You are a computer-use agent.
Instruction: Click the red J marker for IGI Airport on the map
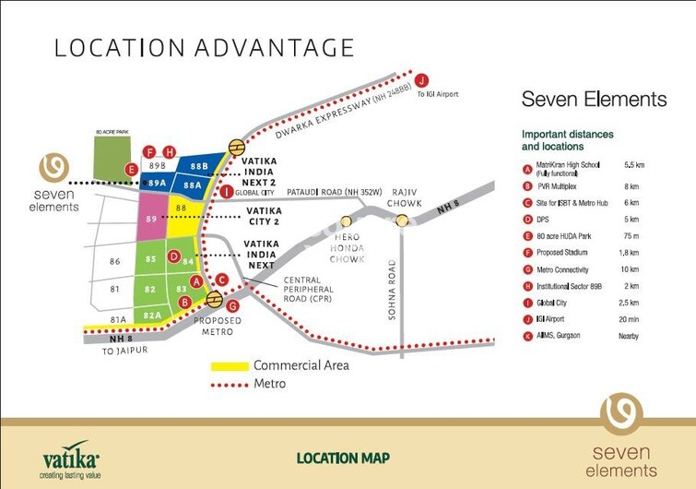(x=422, y=79)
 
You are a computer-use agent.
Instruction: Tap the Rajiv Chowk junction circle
(x=403, y=220)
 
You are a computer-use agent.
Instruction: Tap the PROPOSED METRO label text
(x=218, y=326)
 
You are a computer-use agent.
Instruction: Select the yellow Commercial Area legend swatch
(x=230, y=366)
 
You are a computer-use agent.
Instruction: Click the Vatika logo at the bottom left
(x=71, y=458)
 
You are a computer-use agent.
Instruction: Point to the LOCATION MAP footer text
(x=343, y=458)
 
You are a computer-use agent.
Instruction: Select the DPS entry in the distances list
(x=554, y=219)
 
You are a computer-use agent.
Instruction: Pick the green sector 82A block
(x=153, y=316)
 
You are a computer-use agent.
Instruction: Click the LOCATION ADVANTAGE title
(x=204, y=48)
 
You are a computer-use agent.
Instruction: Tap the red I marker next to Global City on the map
(x=227, y=191)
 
